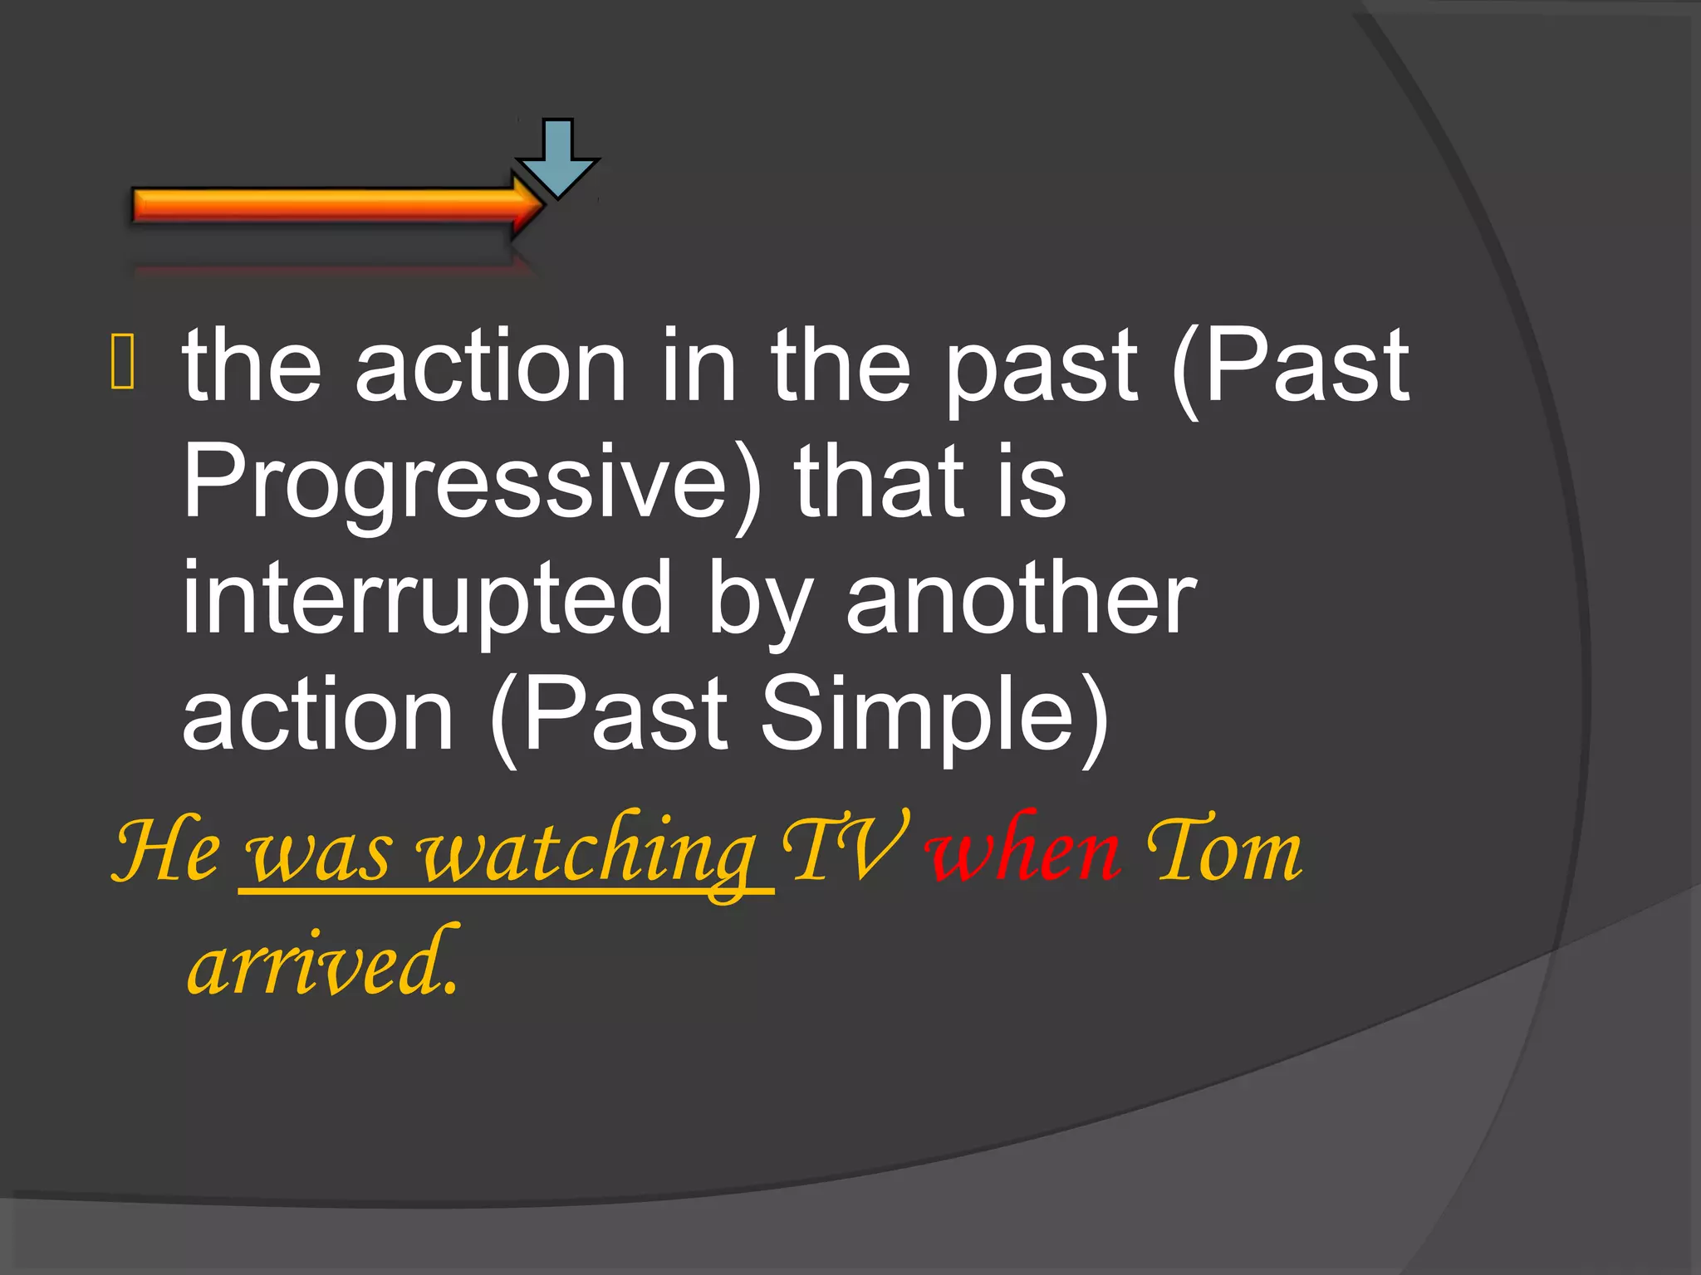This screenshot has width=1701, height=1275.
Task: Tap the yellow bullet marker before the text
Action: pos(122,362)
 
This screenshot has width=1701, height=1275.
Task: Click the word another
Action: pos(1021,598)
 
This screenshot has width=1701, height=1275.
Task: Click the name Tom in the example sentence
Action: pos(1223,851)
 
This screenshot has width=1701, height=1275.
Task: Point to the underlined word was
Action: pos(318,855)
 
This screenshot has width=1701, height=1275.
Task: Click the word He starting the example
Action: pos(167,851)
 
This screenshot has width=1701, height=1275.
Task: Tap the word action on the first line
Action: pos(490,365)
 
